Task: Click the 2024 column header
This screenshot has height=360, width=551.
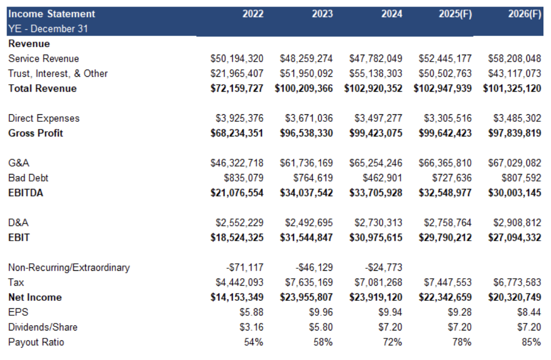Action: coord(391,14)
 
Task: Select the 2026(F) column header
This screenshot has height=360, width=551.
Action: coord(524,14)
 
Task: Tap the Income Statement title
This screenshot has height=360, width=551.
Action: coord(52,14)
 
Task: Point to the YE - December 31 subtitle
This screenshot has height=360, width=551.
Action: coord(48,29)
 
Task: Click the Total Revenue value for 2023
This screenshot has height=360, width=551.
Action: coord(304,88)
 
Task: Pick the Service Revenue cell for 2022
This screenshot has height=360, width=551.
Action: coord(237,58)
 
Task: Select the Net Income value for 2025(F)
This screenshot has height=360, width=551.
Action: coord(445,297)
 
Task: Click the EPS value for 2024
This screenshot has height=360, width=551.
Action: coord(390,312)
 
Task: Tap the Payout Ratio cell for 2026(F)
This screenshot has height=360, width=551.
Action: coord(531,342)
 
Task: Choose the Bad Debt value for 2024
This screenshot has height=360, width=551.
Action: coord(382,177)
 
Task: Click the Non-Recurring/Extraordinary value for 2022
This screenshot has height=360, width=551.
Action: coord(244,267)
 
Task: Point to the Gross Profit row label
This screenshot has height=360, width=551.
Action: coord(36,133)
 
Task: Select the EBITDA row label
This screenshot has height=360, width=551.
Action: coord(26,193)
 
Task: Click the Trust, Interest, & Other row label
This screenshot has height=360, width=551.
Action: coord(58,73)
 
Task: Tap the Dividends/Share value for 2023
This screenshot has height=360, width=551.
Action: coord(321,327)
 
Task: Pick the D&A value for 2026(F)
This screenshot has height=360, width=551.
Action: coord(517,222)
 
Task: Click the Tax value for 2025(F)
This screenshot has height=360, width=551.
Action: coord(448,282)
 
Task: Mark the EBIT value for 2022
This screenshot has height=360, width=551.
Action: coord(237,238)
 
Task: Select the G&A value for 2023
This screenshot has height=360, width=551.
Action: coord(306,162)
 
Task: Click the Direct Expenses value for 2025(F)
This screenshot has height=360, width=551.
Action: coord(448,118)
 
